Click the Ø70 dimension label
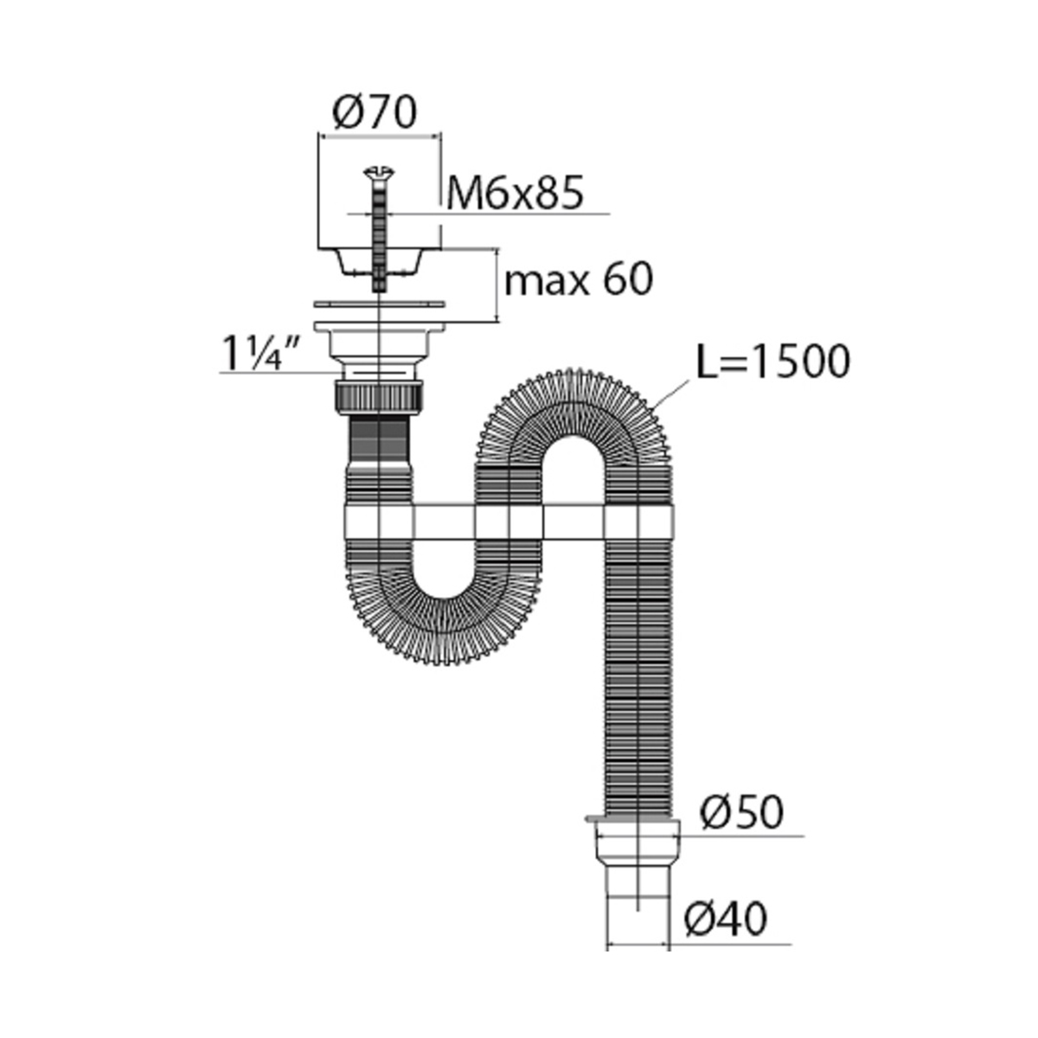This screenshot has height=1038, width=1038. [375, 112]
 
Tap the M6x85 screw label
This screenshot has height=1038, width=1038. [515, 194]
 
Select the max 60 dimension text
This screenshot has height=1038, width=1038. [579, 280]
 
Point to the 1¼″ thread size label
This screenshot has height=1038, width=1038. [260, 353]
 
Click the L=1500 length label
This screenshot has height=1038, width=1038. [773, 362]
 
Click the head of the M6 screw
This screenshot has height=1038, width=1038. [379, 173]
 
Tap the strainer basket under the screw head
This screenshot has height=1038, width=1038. [379, 262]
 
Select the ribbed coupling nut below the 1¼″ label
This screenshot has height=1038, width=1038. [379, 396]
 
